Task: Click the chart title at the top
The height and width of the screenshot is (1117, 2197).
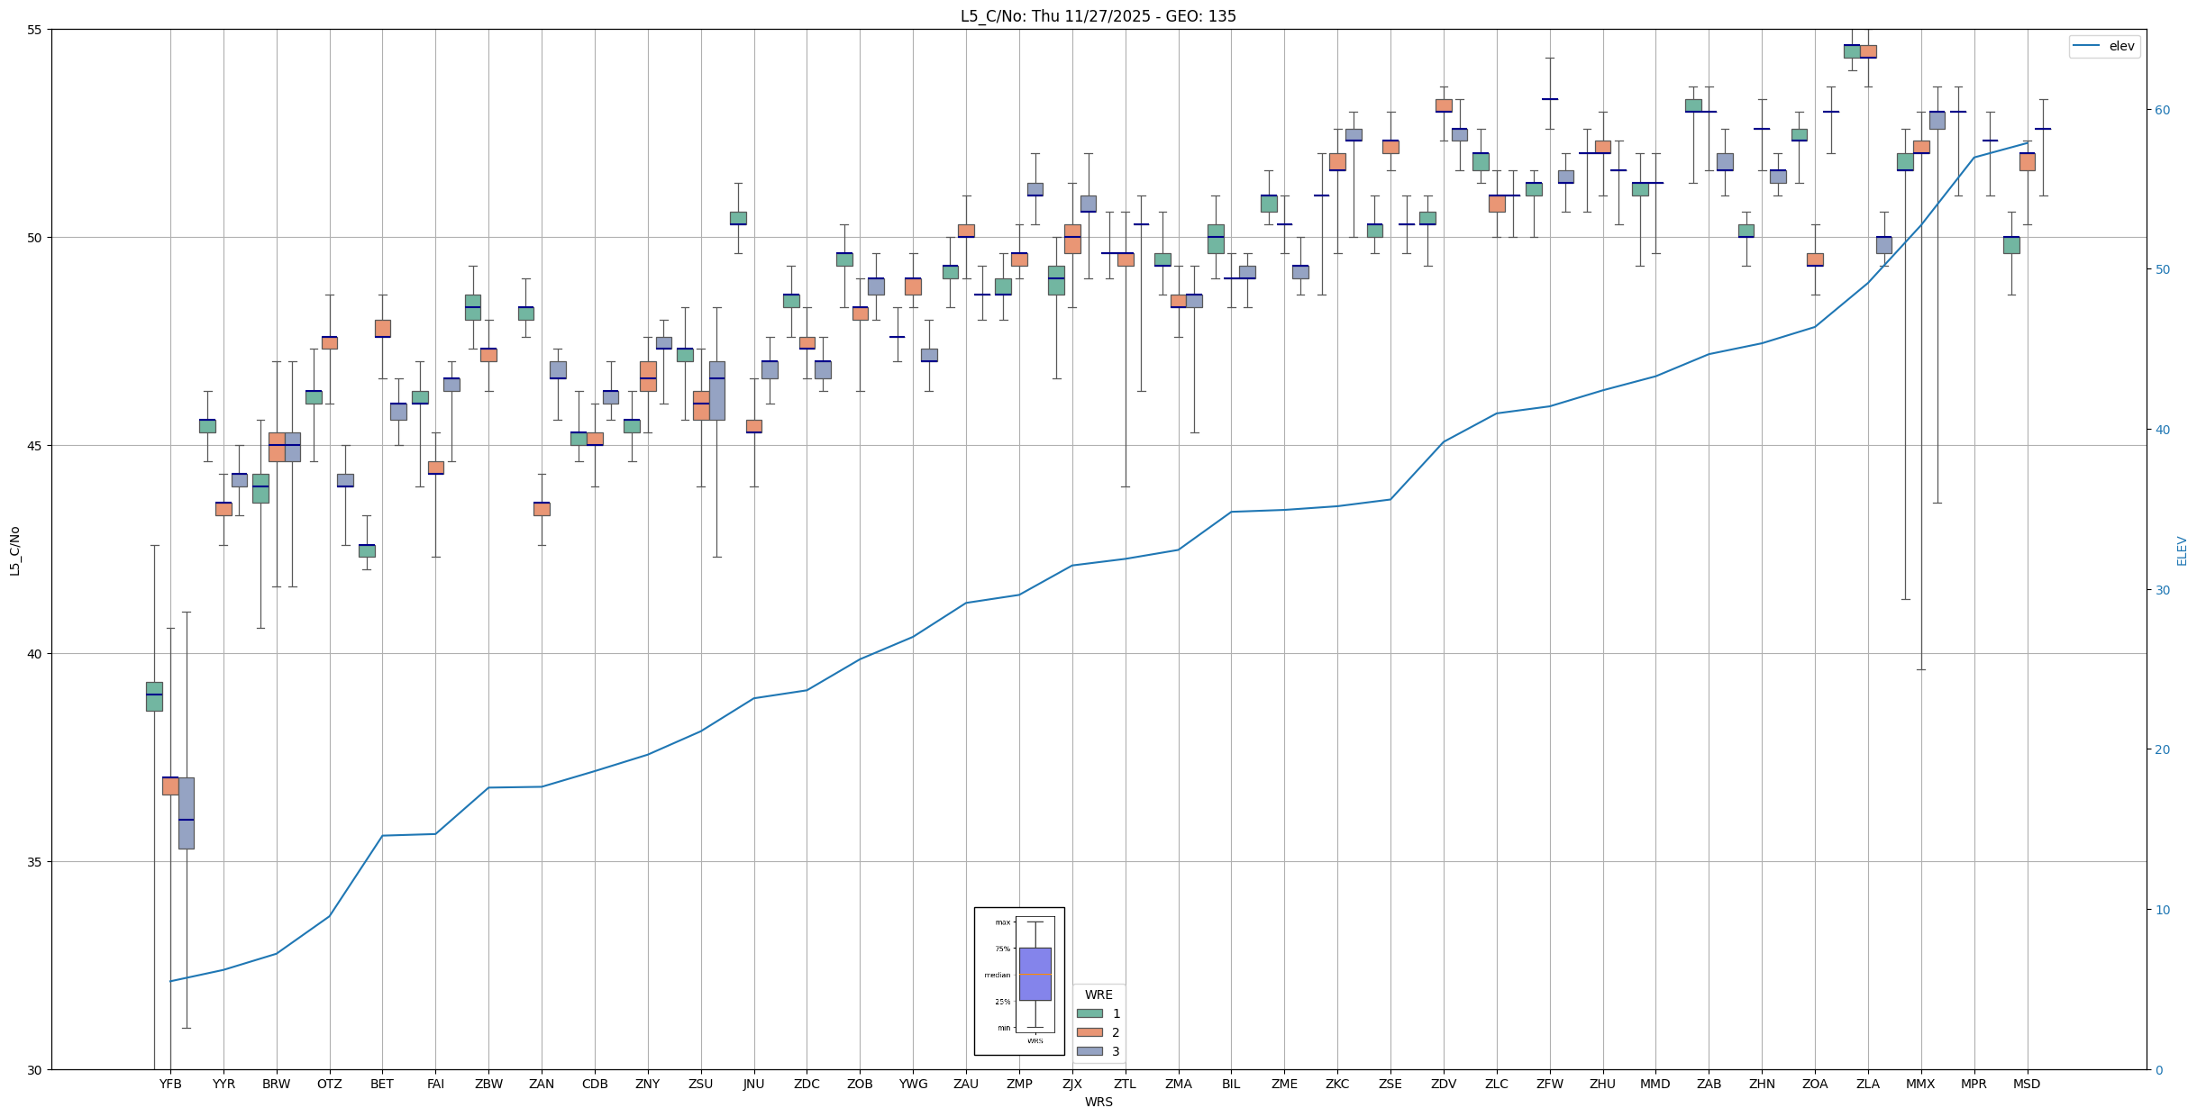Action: click(1098, 16)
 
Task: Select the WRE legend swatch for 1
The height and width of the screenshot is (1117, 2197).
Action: click(1089, 1013)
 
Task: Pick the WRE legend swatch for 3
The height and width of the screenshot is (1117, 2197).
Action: click(1089, 1051)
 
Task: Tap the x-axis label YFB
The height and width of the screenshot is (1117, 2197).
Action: click(170, 1084)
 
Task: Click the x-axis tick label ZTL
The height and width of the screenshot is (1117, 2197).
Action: click(1125, 1084)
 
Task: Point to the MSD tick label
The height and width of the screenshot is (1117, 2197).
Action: click(2027, 1084)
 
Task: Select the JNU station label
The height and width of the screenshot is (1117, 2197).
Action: click(753, 1084)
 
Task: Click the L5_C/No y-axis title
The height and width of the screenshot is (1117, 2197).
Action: click(14, 550)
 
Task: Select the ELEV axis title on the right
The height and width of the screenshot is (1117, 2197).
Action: click(2182, 550)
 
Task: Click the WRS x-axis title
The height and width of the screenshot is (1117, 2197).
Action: click(1098, 1102)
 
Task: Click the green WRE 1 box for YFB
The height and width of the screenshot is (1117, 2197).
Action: click(154, 696)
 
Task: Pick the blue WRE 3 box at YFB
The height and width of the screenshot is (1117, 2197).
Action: click(187, 813)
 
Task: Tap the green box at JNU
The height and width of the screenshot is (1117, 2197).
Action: click(738, 218)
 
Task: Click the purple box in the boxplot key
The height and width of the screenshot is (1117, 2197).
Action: click(1035, 974)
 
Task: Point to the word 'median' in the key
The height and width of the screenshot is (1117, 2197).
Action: click(997, 975)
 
